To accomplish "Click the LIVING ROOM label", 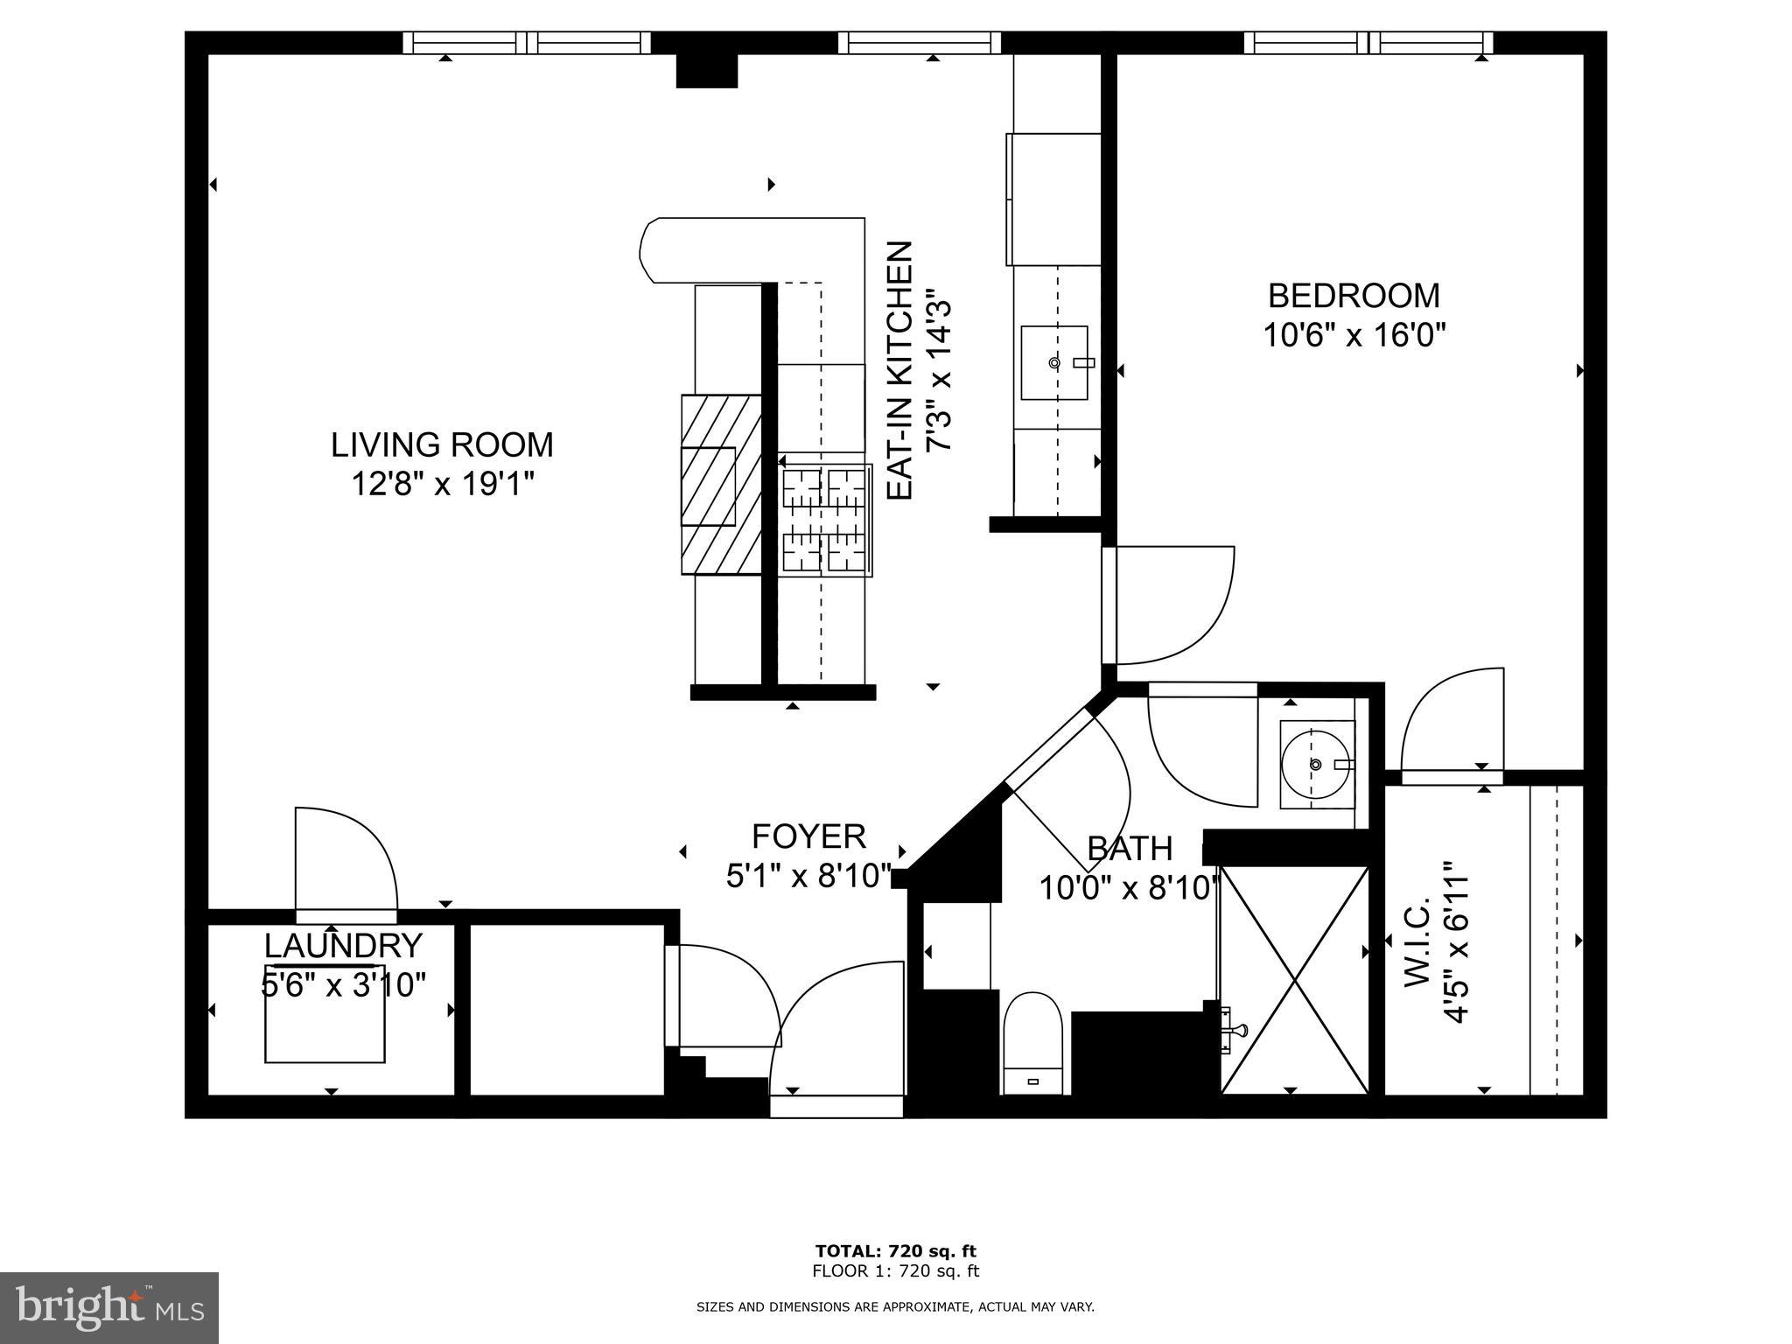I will coord(442,444).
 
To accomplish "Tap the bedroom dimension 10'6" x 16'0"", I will coord(1354,335).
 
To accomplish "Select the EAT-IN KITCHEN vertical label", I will coord(900,371).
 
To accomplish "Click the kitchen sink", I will coord(1054,362).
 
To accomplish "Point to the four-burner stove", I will coord(824,520).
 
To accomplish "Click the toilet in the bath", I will coord(1032,1041).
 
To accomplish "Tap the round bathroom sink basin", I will coord(1315,765).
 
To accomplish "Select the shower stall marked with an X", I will coord(1293,979).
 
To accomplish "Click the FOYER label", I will coord(808,836).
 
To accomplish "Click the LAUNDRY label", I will coord(343,946).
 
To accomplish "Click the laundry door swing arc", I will coord(350,853).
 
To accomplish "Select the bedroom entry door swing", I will coord(1172,604).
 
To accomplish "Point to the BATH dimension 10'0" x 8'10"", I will coord(1129,889).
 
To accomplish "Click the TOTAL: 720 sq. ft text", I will coord(895,1251).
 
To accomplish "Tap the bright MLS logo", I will coord(109,1308).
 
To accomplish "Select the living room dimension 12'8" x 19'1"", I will coord(442,483).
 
